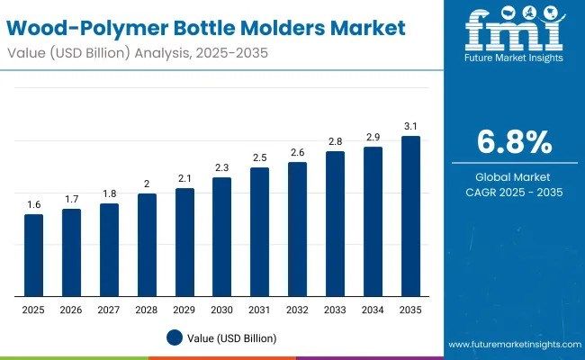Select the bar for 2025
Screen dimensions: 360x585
click(33, 256)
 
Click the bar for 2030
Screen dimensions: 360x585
click(221, 237)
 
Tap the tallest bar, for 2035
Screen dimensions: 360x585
click(410, 216)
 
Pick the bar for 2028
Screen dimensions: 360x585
click(147, 245)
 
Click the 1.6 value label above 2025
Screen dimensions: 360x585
click(33, 205)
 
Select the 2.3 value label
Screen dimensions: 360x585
click(221, 168)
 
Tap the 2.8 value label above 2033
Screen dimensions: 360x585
click(335, 142)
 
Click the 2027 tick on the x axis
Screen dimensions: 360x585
click(109, 309)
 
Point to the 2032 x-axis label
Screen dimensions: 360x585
click(297, 309)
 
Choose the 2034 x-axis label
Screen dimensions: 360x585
click(373, 309)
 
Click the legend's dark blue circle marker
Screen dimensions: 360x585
click(175, 337)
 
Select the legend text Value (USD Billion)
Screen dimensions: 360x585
click(233, 337)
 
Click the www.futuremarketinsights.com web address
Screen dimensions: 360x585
click(512, 345)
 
